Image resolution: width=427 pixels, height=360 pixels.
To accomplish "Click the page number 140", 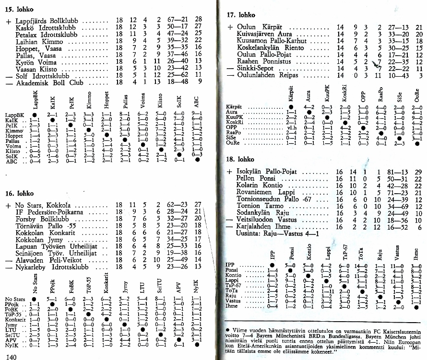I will point(12,357).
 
